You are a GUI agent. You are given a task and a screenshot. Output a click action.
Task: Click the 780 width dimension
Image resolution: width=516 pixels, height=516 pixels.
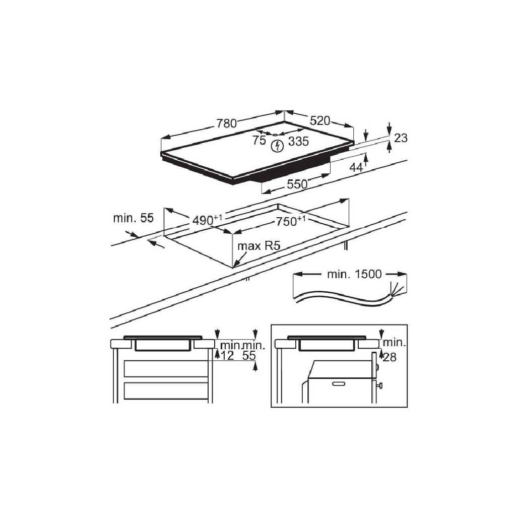click(227, 123)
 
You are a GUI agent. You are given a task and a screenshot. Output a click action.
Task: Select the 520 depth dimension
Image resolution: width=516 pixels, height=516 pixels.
click(320, 121)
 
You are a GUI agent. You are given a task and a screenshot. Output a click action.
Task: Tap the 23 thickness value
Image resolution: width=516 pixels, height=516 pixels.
click(401, 138)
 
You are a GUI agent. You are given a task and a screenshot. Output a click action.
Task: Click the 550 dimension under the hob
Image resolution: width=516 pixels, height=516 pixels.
click(297, 184)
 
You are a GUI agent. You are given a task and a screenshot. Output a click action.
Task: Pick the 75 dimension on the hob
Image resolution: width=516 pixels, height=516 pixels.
click(259, 141)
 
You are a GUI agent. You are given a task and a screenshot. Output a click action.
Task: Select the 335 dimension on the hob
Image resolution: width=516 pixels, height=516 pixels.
click(298, 142)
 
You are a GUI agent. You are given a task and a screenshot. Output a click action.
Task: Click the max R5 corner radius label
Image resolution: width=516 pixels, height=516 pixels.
click(258, 246)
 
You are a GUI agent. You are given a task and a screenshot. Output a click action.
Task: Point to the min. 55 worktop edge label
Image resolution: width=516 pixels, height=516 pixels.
click(133, 218)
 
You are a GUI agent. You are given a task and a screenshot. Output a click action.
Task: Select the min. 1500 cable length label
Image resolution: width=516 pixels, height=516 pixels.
click(354, 275)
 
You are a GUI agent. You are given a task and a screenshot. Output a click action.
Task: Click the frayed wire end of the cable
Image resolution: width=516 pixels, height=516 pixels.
click(398, 289)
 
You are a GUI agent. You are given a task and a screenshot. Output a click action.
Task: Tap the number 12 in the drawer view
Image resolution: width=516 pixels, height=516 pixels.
click(228, 356)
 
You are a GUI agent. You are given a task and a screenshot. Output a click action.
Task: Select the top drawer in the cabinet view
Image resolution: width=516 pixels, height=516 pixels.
click(166, 369)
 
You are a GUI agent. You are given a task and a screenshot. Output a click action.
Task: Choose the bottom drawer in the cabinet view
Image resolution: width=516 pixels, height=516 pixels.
click(166, 391)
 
